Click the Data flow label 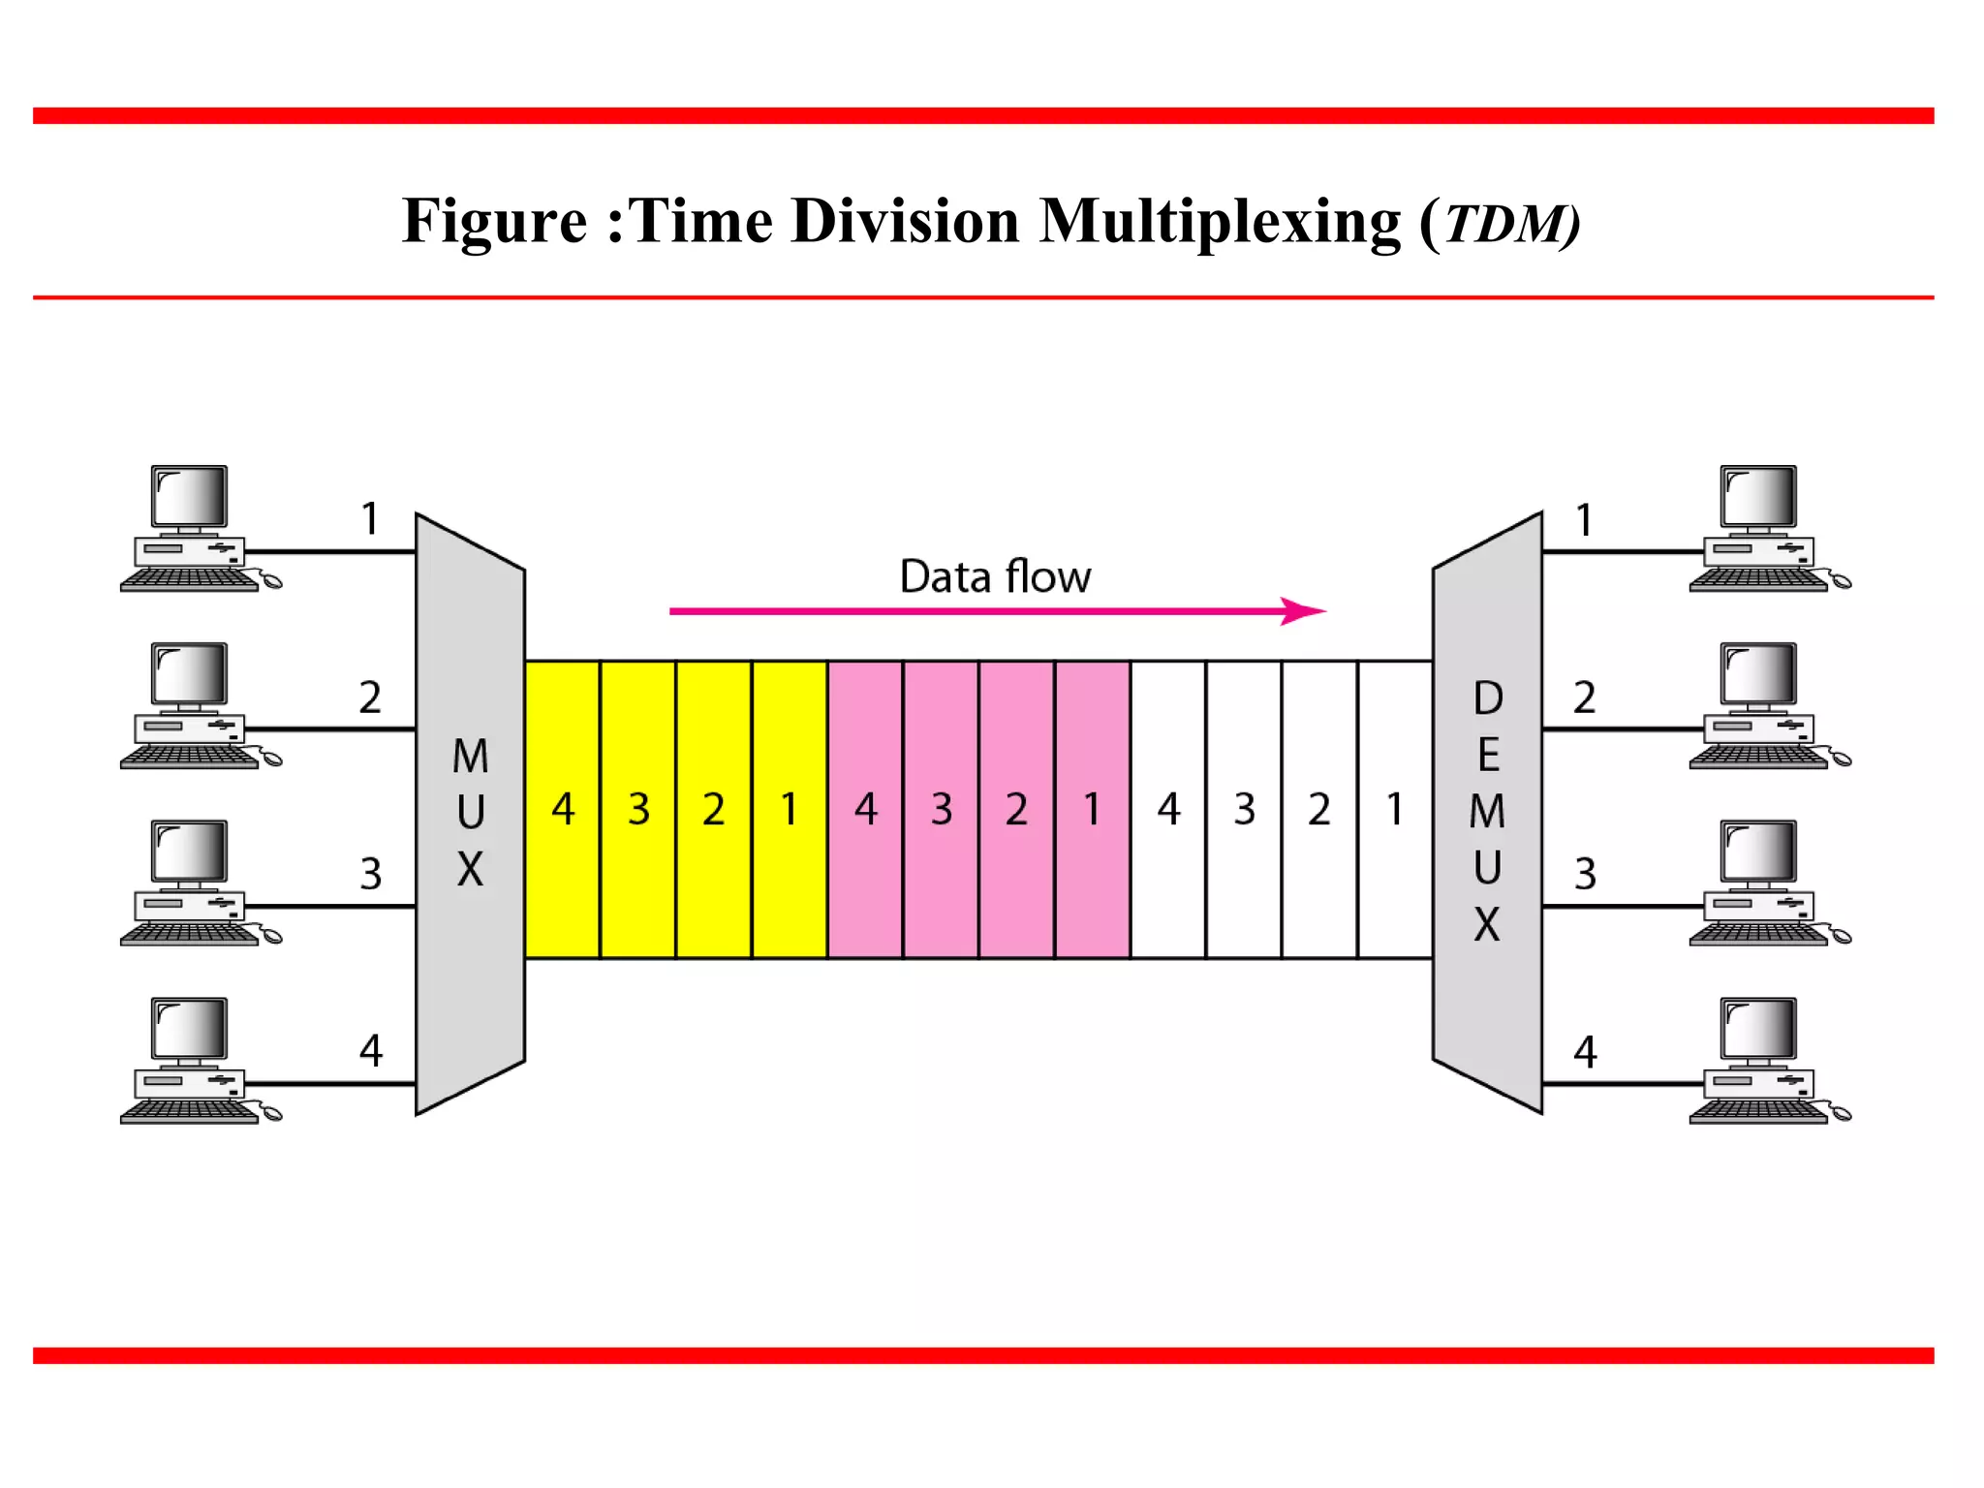click(x=995, y=577)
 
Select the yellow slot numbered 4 click(x=563, y=810)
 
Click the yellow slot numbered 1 click(x=790, y=810)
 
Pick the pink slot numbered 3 click(x=942, y=810)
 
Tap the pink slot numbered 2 click(x=1016, y=810)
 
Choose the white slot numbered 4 click(x=1168, y=810)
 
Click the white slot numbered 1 click(x=1395, y=810)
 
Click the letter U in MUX click(x=471, y=813)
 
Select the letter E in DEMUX click(x=1488, y=755)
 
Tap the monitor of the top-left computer click(x=190, y=496)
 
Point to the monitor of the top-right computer click(x=1758, y=496)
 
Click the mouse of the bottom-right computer click(x=1841, y=1114)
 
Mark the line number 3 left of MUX click(x=371, y=874)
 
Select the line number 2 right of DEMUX click(x=1584, y=697)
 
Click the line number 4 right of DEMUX click(x=1585, y=1052)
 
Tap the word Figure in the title click(x=494, y=221)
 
